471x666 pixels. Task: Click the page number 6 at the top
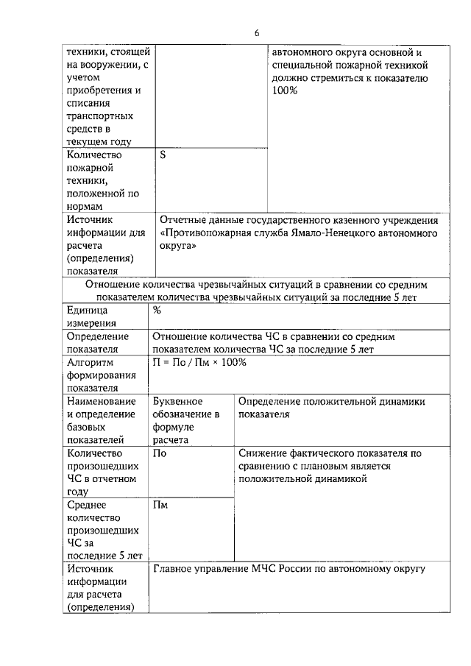click(257, 33)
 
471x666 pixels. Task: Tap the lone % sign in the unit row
click(157, 311)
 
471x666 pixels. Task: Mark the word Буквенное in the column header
click(178, 402)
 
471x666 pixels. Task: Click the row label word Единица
click(87, 311)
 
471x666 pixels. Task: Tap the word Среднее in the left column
click(87, 505)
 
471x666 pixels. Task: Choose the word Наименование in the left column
click(102, 402)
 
